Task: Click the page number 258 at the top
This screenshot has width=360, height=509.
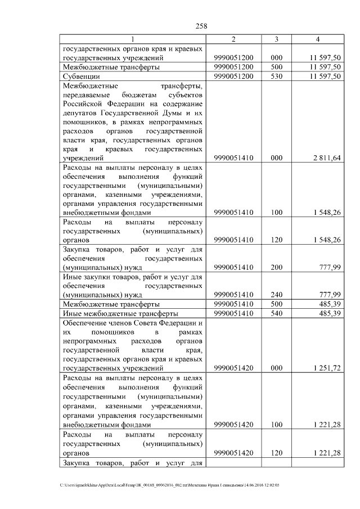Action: (201, 25)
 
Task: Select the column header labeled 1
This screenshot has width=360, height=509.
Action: (132, 39)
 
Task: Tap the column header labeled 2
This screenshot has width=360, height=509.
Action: (233, 39)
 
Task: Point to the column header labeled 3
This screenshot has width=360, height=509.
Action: (276, 39)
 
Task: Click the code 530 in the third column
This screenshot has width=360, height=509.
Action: (276, 76)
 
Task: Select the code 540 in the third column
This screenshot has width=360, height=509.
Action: (276, 313)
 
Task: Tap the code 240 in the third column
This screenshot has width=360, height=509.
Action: (276, 294)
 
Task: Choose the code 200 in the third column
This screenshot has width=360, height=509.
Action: (276, 267)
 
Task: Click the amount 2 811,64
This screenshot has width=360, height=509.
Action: (327, 159)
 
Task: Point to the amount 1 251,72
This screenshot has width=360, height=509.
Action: (327, 368)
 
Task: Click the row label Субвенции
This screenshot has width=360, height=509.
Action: (82, 76)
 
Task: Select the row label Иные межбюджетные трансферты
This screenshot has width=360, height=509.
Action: (120, 313)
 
